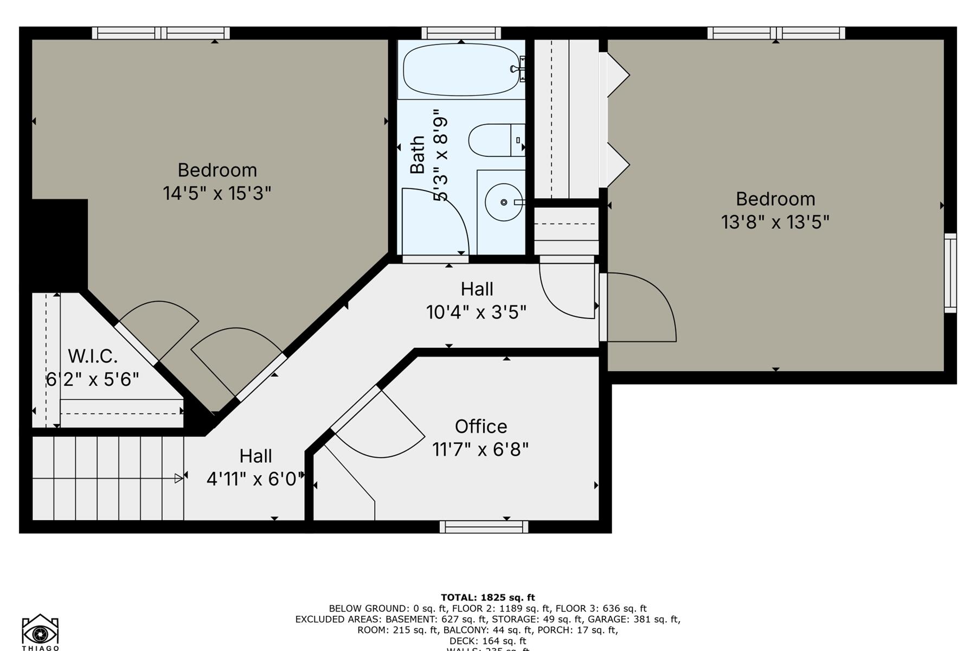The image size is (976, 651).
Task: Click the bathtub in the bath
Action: coord(461,69)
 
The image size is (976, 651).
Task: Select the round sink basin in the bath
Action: coord(503,202)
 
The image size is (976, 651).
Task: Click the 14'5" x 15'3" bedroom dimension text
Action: coord(217,193)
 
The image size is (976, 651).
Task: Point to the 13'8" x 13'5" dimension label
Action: coord(775,222)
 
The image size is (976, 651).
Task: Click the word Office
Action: coord(481,426)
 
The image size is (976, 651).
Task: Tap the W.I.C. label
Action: coord(93,356)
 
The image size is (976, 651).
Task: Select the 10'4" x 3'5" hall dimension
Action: coord(476,312)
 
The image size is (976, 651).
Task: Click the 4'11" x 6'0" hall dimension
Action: coord(254,479)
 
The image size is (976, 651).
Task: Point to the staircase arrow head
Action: coord(178,478)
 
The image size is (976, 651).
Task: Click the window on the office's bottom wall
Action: coord(484,527)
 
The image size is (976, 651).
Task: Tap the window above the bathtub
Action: coord(461,33)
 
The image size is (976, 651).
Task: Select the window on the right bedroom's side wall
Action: coord(950,273)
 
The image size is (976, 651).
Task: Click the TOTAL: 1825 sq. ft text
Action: coord(487,598)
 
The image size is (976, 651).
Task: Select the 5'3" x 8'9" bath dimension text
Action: coord(441,155)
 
